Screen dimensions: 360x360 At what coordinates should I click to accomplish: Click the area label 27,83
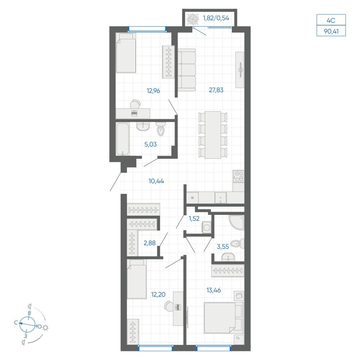pos(216,90)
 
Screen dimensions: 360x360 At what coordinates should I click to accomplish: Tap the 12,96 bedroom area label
pos(153,91)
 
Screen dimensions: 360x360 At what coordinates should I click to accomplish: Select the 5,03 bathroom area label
pos(150,144)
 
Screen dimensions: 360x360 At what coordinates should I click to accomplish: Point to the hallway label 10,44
pos(156,181)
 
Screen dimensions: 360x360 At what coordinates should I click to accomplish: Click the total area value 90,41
pos(331,31)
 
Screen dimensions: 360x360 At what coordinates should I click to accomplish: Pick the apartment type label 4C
pos(331,21)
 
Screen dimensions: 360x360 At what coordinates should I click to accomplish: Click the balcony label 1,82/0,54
pos(216,18)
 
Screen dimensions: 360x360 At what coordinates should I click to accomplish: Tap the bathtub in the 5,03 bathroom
pos(123,139)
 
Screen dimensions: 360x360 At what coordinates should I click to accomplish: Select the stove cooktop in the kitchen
pos(238,176)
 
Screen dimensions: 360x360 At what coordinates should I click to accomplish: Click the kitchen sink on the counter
pos(220,198)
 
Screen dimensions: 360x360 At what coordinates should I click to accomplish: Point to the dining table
pos(213,135)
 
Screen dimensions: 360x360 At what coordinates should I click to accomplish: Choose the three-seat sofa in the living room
pos(186,70)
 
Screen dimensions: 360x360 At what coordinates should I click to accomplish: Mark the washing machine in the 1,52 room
pos(206,228)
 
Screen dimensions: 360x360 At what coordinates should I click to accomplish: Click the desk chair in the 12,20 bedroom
pos(169,306)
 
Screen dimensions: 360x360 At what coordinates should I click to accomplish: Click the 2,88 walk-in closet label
pos(149,243)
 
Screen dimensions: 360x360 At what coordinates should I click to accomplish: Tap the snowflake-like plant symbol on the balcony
pos(193,19)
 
